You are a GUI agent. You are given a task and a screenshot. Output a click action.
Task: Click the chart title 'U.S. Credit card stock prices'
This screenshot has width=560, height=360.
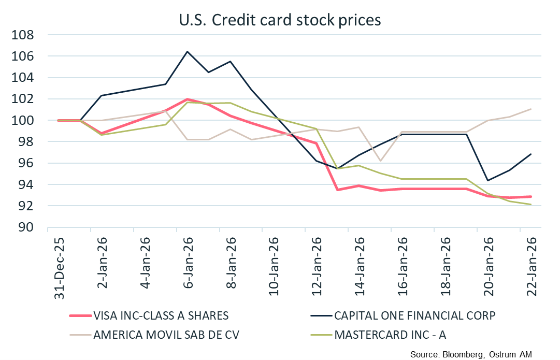pyautogui.click(x=280, y=19)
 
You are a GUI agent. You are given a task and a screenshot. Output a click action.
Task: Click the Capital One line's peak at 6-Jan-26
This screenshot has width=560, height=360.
pyautogui.click(x=187, y=51)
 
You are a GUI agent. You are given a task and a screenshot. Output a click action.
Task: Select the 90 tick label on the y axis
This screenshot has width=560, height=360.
pyautogui.click(x=26, y=227)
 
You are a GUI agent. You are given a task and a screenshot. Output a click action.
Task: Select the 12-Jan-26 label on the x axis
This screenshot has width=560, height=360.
pyautogui.click(x=317, y=262)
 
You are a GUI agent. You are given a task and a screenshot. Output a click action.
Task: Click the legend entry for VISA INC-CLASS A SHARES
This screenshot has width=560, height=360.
pyautogui.click(x=161, y=315)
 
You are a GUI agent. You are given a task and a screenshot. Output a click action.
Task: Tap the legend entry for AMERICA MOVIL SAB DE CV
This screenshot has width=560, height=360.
pyautogui.click(x=166, y=334)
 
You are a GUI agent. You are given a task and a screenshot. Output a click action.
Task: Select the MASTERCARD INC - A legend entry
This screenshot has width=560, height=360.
pyautogui.click(x=391, y=334)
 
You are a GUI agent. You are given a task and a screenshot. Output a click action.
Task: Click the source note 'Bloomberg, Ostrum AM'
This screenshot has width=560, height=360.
pyautogui.click(x=471, y=354)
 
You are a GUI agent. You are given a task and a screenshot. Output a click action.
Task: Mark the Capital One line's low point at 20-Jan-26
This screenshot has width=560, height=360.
pyautogui.click(x=487, y=180)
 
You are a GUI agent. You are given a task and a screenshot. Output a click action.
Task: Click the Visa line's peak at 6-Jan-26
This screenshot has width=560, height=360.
pyautogui.click(x=187, y=99)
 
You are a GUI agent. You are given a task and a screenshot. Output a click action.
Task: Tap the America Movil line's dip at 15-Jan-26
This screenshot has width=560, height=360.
pyautogui.click(x=380, y=161)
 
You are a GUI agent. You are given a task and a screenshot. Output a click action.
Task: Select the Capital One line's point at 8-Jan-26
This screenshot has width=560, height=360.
pyautogui.click(x=230, y=61)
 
